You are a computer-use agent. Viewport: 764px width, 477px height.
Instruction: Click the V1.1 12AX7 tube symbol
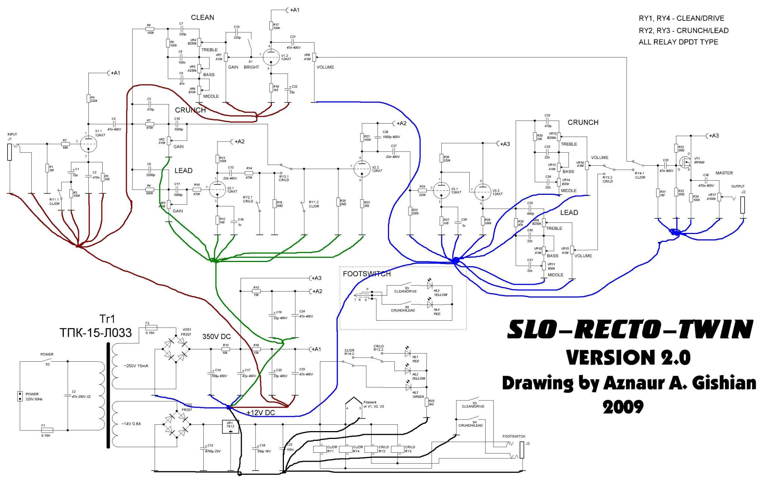88,143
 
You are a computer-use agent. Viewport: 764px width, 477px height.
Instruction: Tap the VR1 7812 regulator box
230,427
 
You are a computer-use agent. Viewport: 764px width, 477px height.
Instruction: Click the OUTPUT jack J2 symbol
742,205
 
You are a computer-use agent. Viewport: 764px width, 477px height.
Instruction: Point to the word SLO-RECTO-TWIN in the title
630,330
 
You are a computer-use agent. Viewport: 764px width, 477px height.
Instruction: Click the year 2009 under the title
623,407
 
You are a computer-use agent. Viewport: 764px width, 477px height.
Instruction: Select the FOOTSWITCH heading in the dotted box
367,274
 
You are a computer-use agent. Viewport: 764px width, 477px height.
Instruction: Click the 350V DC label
216,337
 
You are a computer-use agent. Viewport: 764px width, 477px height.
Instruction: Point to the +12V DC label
261,413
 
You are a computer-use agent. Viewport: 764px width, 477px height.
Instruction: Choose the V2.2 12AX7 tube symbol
361,169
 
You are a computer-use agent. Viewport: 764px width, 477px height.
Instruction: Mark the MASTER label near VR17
724,173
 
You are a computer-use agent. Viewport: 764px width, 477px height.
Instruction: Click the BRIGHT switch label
251,67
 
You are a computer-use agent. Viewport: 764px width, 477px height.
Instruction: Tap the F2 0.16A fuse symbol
151,328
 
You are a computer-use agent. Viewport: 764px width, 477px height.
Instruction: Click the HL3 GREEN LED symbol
408,387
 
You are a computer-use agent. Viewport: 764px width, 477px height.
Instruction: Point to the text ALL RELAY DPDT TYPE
678,42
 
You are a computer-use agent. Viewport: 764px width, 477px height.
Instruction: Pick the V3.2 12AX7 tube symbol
482,192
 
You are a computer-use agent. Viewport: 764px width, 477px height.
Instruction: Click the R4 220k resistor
88,99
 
